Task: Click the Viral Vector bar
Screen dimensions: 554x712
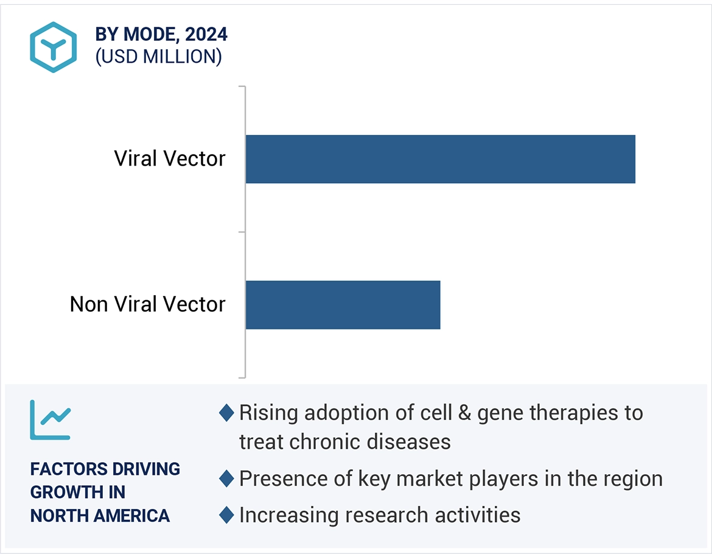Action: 440,159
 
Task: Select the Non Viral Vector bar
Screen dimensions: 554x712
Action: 343,304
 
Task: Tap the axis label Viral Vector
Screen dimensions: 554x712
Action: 170,159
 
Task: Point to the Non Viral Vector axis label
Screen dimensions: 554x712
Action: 147,304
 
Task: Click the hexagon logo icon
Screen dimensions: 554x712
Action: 54,47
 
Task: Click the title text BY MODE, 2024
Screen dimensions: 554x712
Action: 161,35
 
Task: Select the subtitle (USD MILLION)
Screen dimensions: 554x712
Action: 158,57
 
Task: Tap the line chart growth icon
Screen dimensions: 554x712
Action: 51,420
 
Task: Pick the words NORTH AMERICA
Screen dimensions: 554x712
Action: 100,516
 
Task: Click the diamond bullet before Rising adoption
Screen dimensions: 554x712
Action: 226,413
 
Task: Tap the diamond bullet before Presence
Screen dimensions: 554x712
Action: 226,479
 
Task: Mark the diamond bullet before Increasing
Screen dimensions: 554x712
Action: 226,515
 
